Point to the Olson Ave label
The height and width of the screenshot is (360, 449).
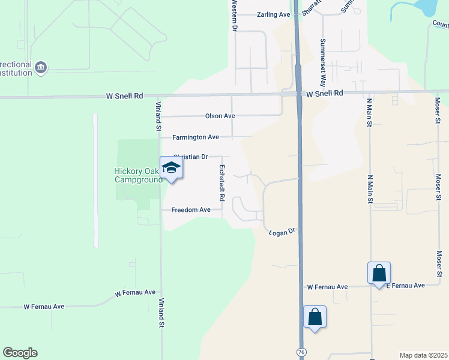click(220, 116)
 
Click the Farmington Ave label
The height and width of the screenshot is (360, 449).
click(196, 137)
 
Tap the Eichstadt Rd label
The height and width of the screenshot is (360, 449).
click(221, 182)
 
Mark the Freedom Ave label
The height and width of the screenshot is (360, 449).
click(191, 210)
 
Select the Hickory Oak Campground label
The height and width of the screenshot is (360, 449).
click(138, 175)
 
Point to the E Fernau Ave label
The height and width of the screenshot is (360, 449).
click(405, 286)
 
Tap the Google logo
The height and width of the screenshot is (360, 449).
click(20, 353)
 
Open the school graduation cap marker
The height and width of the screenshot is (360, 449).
click(172, 168)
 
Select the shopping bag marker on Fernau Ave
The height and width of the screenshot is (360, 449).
click(379, 273)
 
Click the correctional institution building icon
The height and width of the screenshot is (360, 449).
click(40, 67)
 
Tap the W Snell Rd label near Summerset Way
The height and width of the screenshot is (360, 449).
click(324, 94)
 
